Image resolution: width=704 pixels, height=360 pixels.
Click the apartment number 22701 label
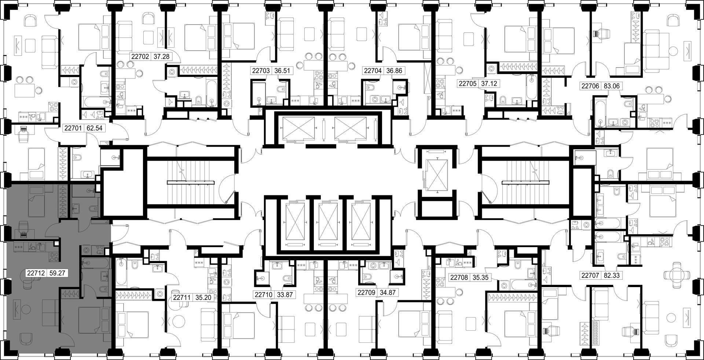point(73,128)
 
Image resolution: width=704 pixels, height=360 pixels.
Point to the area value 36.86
point(394,71)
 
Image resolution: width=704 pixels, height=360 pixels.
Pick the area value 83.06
point(611,86)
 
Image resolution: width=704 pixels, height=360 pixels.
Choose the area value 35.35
point(480,278)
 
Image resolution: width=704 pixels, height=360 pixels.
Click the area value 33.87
point(285,294)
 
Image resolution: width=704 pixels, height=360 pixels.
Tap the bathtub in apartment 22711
point(122,273)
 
